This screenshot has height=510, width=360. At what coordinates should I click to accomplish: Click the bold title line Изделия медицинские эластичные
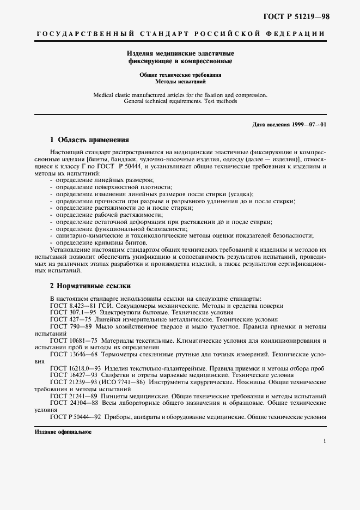click(180, 54)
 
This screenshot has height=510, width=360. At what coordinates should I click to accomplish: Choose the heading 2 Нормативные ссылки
click(90, 286)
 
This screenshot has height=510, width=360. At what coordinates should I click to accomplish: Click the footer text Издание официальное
click(63, 431)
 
